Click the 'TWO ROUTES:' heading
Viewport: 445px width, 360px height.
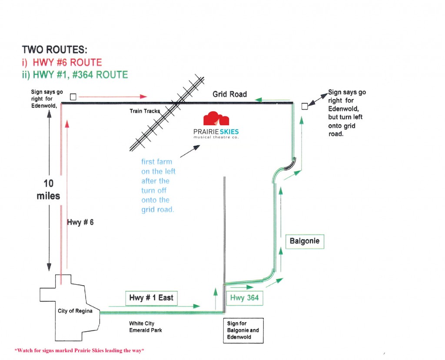tap(54, 50)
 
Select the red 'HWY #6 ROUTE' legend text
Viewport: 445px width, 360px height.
tap(67, 63)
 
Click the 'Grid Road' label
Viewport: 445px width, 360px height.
tap(229, 94)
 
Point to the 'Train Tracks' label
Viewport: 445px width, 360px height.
tap(145, 111)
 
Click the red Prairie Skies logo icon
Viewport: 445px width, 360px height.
tap(216, 118)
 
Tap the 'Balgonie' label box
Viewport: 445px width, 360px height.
tap(305, 242)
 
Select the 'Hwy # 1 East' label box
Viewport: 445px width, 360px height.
tap(151, 298)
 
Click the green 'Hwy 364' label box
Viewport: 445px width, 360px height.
tap(244, 298)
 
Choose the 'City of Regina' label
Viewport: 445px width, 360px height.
tap(75, 311)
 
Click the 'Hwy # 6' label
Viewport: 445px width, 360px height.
tap(80, 222)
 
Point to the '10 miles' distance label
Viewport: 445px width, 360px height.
tap(48, 190)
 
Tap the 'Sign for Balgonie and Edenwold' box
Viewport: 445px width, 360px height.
tap(243, 330)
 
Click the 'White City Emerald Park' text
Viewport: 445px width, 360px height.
tap(146, 327)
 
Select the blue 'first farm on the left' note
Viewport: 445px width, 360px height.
tap(158, 186)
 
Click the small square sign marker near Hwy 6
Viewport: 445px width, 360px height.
tap(73, 97)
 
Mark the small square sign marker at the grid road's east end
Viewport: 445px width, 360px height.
tap(305, 106)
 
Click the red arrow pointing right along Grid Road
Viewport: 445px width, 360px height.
tap(113, 97)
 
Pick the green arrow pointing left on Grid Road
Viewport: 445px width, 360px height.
tap(272, 100)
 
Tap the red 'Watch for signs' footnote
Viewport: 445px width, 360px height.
tap(79, 350)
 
